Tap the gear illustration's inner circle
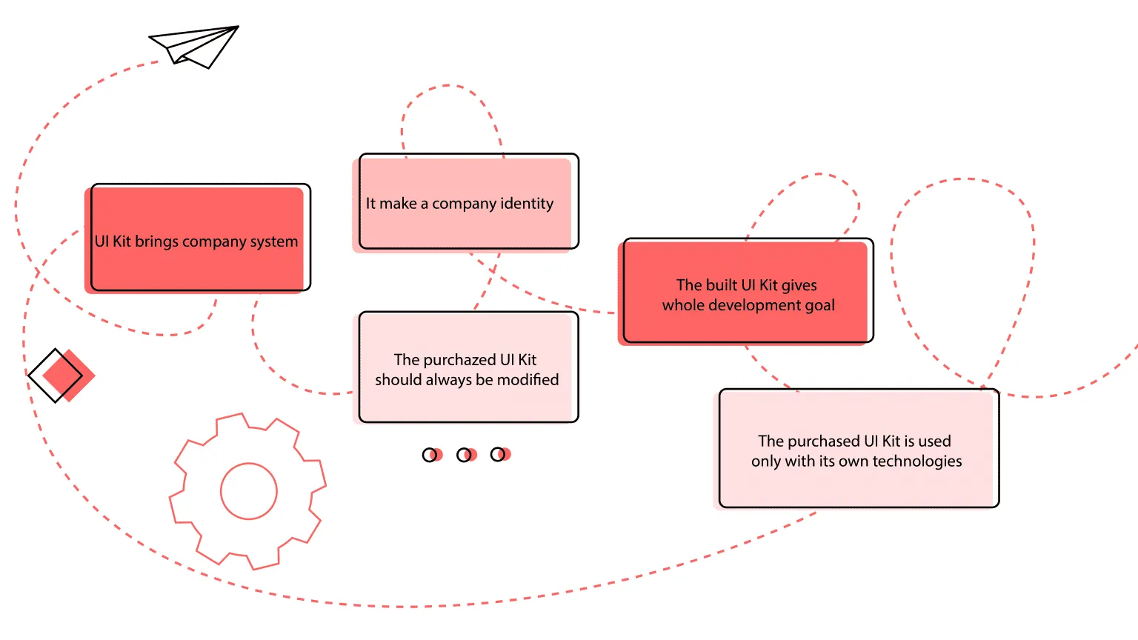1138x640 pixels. pos(249,491)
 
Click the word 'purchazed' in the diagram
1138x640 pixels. pos(459,360)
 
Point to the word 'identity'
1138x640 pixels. pos(527,204)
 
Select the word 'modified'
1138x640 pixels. pos(528,380)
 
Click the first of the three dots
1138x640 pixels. pos(431,455)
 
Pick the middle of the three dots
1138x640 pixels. pos(466,455)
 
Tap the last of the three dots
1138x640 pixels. pos(500,454)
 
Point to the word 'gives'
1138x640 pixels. pos(799,286)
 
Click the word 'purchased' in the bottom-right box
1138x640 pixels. pos(824,441)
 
